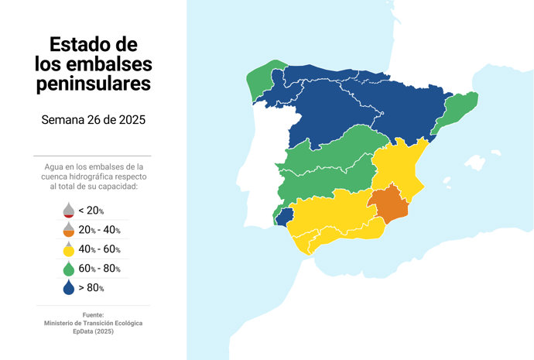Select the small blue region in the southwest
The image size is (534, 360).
point(285,217)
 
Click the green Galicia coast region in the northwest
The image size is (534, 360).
point(261,81)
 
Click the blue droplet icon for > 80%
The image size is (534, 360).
point(69,287)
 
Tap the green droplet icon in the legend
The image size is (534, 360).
point(69,268)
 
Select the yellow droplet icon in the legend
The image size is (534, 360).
point(69,249)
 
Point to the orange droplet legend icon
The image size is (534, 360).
point(69,229)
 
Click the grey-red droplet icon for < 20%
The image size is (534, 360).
point(69,210)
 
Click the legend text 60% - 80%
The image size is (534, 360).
point(99,269)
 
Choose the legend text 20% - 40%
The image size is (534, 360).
point(99,230)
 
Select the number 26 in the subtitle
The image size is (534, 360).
point(98,120)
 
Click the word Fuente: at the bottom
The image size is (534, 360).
point(93,314)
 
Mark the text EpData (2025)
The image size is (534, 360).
point(93,331)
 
